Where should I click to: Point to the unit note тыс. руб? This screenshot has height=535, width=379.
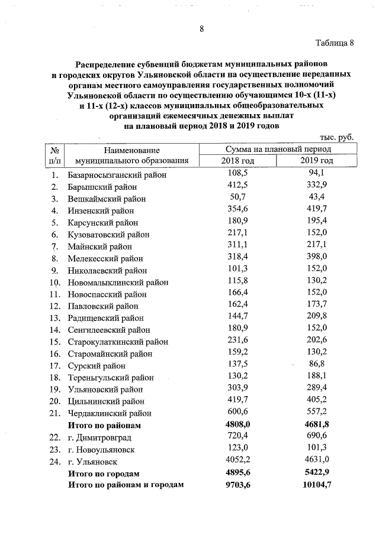point(336,137)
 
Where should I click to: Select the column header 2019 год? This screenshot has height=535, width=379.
point(317,161)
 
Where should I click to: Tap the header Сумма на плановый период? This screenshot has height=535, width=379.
point(277,150)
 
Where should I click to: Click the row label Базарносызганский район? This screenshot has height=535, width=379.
point(117,175)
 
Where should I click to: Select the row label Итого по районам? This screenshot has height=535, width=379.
point(104,425)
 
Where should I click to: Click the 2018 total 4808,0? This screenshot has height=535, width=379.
point(237,424)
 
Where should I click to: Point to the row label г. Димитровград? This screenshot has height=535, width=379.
point(99,437)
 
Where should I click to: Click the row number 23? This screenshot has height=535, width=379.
point(55,449)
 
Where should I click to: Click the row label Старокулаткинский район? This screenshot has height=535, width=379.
point(118,342)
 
